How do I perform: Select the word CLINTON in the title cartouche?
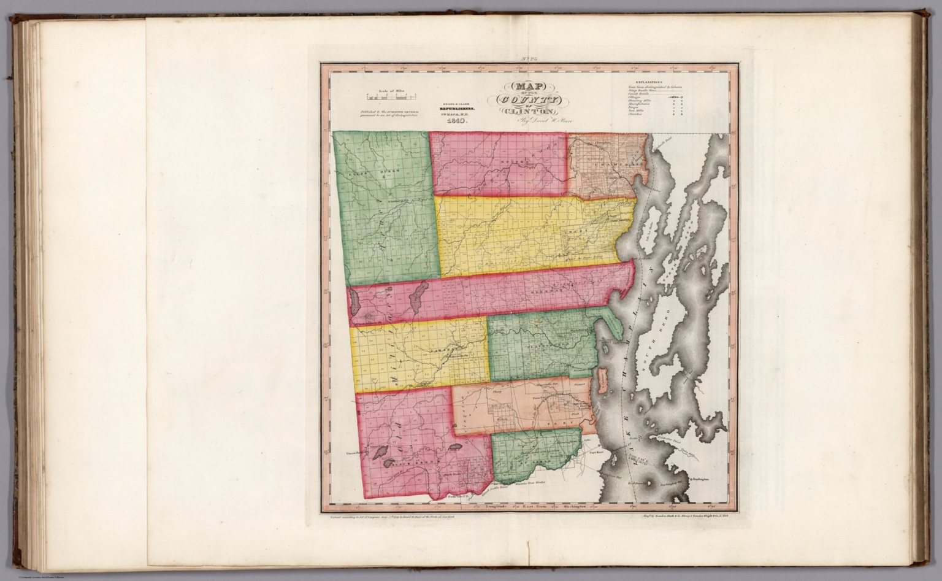(527, 112)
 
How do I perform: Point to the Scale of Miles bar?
(392, 97)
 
